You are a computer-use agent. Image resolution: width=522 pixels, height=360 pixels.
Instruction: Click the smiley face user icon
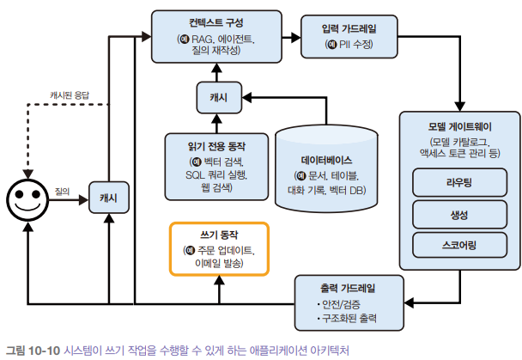[25, 198]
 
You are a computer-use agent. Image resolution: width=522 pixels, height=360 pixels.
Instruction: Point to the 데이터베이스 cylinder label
[327, 160]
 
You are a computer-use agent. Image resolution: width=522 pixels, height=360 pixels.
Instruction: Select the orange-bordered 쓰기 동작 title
[219, 235]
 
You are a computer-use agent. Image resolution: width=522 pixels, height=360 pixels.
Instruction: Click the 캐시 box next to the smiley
[108, 198]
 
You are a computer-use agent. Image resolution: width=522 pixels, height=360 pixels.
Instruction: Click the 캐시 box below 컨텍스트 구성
[218, 97]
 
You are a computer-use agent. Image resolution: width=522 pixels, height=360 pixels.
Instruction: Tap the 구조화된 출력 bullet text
[349, 320]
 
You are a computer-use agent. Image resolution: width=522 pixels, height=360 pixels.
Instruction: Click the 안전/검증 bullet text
[342, 304]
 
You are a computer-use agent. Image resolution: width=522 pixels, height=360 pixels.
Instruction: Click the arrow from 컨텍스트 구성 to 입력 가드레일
[291, 38]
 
